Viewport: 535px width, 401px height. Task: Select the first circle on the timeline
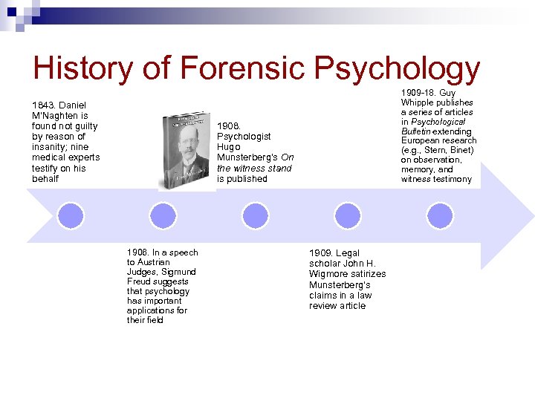click(x=71, y=215)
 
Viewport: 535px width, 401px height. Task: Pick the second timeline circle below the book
click(x=163, y=215)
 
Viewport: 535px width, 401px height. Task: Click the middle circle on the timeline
click(x=255, y=215)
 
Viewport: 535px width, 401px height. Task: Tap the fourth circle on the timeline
click(x=347, y=215)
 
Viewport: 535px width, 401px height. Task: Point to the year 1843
click(x=42, y=105)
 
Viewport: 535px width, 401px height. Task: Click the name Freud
click(x=139, y=281)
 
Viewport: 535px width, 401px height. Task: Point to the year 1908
click(x=228, y=125)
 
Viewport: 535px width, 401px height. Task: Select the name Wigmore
click(x=328, y=274)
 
